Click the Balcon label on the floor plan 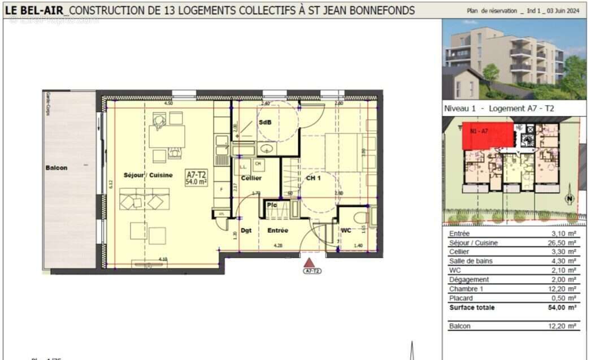[57, 168]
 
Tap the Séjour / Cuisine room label [148, 176]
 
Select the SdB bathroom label [264, 122]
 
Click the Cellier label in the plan [250, 178]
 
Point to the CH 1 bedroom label [314, 178]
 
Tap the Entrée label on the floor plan [277, 231]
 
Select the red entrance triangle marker [309, 262]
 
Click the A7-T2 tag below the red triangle [312, 271]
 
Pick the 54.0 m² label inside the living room [197, 182]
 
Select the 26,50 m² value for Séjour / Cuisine [564, 243]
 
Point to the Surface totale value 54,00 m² [564, 307]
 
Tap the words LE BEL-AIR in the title [34, 10]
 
